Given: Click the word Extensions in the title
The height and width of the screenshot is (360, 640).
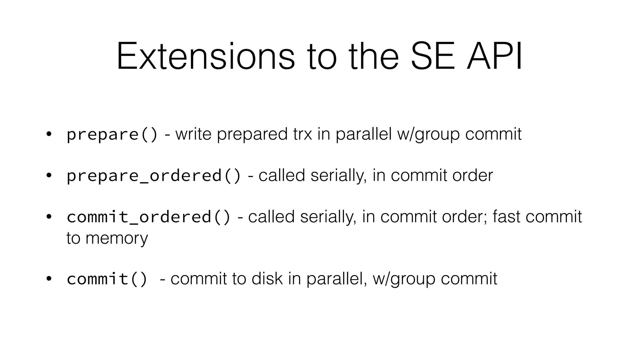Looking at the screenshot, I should [x=206, y=57].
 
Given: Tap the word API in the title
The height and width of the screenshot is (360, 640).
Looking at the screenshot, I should [x=494, y=57].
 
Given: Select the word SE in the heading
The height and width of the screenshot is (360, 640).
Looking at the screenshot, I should [x=433, y=57].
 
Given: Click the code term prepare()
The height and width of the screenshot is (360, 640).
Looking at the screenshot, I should [x=112, y=134].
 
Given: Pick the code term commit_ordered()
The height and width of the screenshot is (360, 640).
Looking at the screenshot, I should [x=148, y=217].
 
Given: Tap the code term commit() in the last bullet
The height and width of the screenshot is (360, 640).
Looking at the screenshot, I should [x=107, y=279].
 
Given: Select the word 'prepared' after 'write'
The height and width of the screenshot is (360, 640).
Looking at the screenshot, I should [x=252, y=134].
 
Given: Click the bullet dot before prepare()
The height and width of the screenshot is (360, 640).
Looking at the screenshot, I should [x=48, y=134].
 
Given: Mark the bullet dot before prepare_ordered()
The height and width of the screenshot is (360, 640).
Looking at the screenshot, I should [x=48, y=176].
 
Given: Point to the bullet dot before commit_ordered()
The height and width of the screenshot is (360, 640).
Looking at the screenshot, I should [x=48, y=217].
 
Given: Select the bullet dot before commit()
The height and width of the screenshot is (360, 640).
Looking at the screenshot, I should [x=48, y=279].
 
